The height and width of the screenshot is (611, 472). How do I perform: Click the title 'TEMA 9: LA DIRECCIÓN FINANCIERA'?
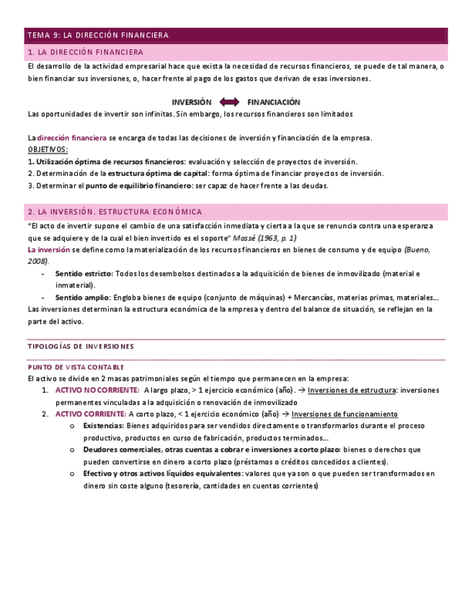97,35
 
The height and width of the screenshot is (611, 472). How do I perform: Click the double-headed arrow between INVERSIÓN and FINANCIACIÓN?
228,102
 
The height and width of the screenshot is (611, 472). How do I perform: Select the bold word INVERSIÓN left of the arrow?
191,102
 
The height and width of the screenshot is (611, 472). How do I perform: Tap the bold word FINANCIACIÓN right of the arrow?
273,102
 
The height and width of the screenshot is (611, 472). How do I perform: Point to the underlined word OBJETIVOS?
48,149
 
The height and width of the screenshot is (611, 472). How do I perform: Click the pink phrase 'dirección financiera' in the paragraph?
71,138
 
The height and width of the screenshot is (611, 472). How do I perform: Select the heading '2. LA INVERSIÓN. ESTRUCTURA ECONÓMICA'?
115,212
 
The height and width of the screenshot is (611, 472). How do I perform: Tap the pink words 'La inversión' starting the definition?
48,249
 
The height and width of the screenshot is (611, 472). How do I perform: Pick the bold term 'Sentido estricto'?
84,274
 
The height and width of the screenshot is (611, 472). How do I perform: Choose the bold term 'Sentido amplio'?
83,298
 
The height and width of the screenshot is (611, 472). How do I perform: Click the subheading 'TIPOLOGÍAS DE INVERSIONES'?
80,347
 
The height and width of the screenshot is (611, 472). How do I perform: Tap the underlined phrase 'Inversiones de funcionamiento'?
344,414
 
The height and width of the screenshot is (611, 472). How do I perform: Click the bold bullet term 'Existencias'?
103,426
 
